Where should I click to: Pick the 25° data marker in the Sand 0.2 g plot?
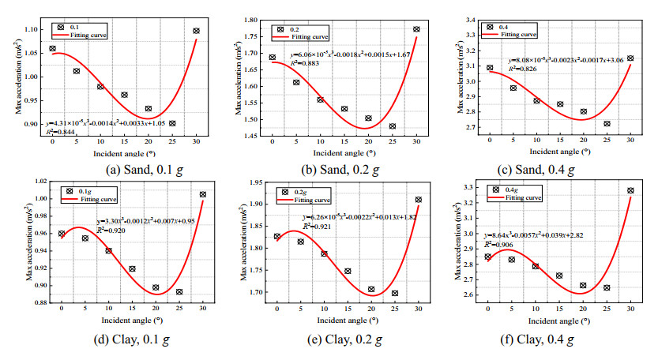pyautogui.click(x=393, y=126)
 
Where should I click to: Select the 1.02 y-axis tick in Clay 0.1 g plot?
pyautogui.click(x=38, y=182)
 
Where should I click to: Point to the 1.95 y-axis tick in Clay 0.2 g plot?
pyautogui.click(x=259, y=183)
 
